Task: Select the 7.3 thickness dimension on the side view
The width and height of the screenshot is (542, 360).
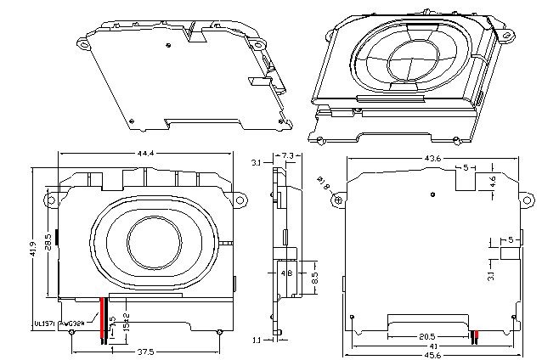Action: pos(287,155)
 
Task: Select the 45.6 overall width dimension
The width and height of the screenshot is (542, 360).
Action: pos(432,356)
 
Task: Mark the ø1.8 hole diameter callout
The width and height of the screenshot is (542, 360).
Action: pos(324,181)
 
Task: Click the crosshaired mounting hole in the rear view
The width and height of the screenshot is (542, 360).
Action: pos(340,200)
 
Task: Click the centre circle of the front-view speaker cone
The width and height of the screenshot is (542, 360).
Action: pos(150,242)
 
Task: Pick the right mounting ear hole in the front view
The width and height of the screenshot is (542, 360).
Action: pos(241,201)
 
